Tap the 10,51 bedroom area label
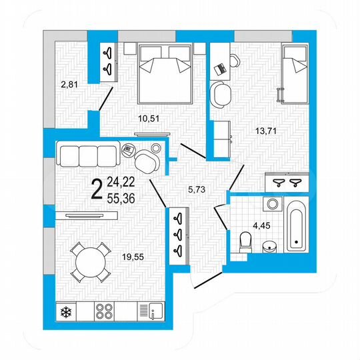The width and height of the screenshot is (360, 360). [x=149, y=119]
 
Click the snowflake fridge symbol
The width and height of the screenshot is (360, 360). [x=67, y=311]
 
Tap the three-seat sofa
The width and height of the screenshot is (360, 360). [x=89, y=155]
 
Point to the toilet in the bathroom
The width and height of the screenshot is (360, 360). [x=245, y=239]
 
